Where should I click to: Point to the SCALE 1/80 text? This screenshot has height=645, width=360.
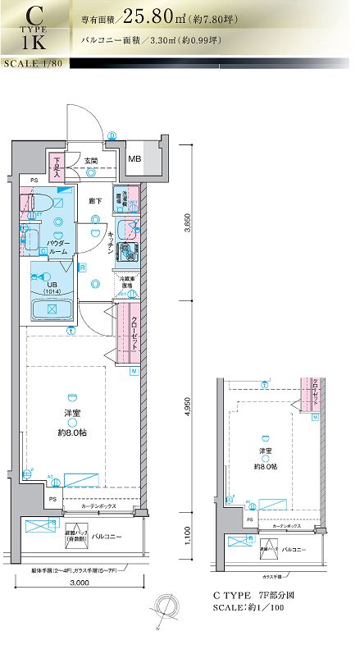coord(33,63)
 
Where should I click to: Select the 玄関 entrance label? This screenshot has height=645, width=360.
coord(91,161)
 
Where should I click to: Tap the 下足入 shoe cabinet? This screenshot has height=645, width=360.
coord(57,167)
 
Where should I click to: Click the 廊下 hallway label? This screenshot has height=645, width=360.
coord(95,201)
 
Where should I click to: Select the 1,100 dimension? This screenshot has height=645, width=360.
coord(188,535)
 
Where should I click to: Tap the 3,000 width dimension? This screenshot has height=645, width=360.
coord(79,582)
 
